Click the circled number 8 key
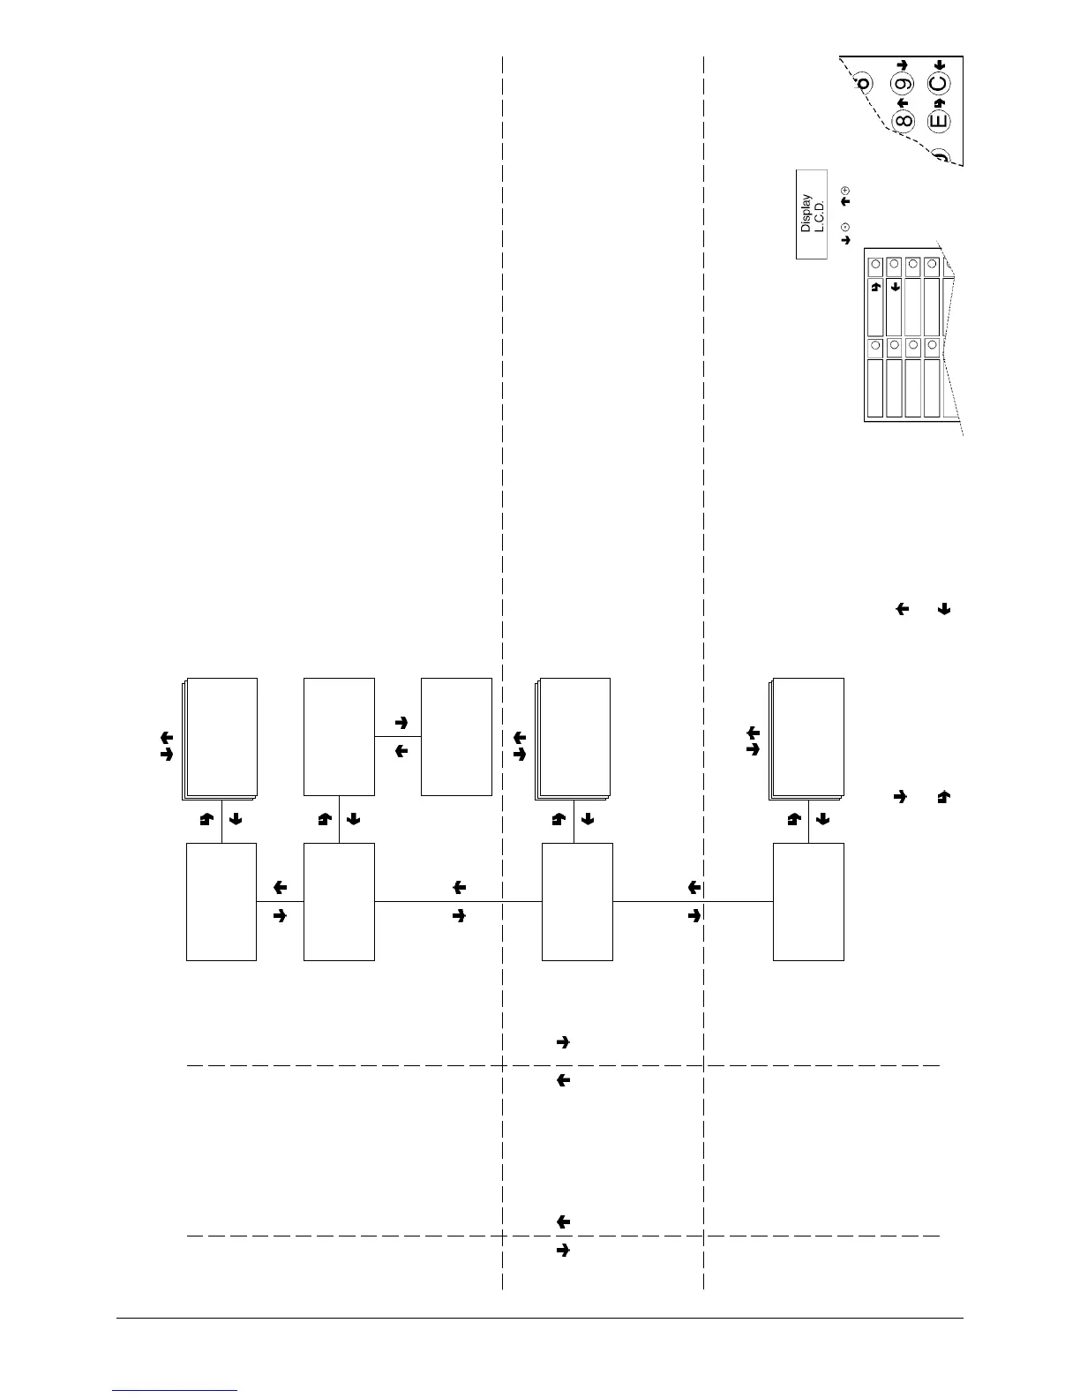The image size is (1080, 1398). tap(903, 120)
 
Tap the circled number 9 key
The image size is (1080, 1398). tap(903, 86)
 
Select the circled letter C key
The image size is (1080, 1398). tap(939, 85)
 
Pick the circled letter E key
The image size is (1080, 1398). tap(939, 120)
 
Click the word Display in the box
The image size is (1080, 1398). tap(806, 214)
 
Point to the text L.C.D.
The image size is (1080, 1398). tap(818, 214)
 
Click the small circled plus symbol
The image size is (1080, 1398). tap(845, 191)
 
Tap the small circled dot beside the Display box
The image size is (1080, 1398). tap(845, 226)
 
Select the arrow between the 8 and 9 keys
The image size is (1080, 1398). tap(903, 102)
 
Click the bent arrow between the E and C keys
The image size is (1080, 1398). tap(939, 102)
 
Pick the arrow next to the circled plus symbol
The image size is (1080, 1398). tap(845, 202)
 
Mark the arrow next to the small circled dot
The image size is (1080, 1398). tap(845, 239)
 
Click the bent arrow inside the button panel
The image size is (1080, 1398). tap(875, 286)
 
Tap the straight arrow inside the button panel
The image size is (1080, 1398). tap(895, 286)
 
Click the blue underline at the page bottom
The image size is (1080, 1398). tap(176, 1390)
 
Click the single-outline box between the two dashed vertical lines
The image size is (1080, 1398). tap(577, 901)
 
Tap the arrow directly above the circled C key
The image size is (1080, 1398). tap(939, 64)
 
